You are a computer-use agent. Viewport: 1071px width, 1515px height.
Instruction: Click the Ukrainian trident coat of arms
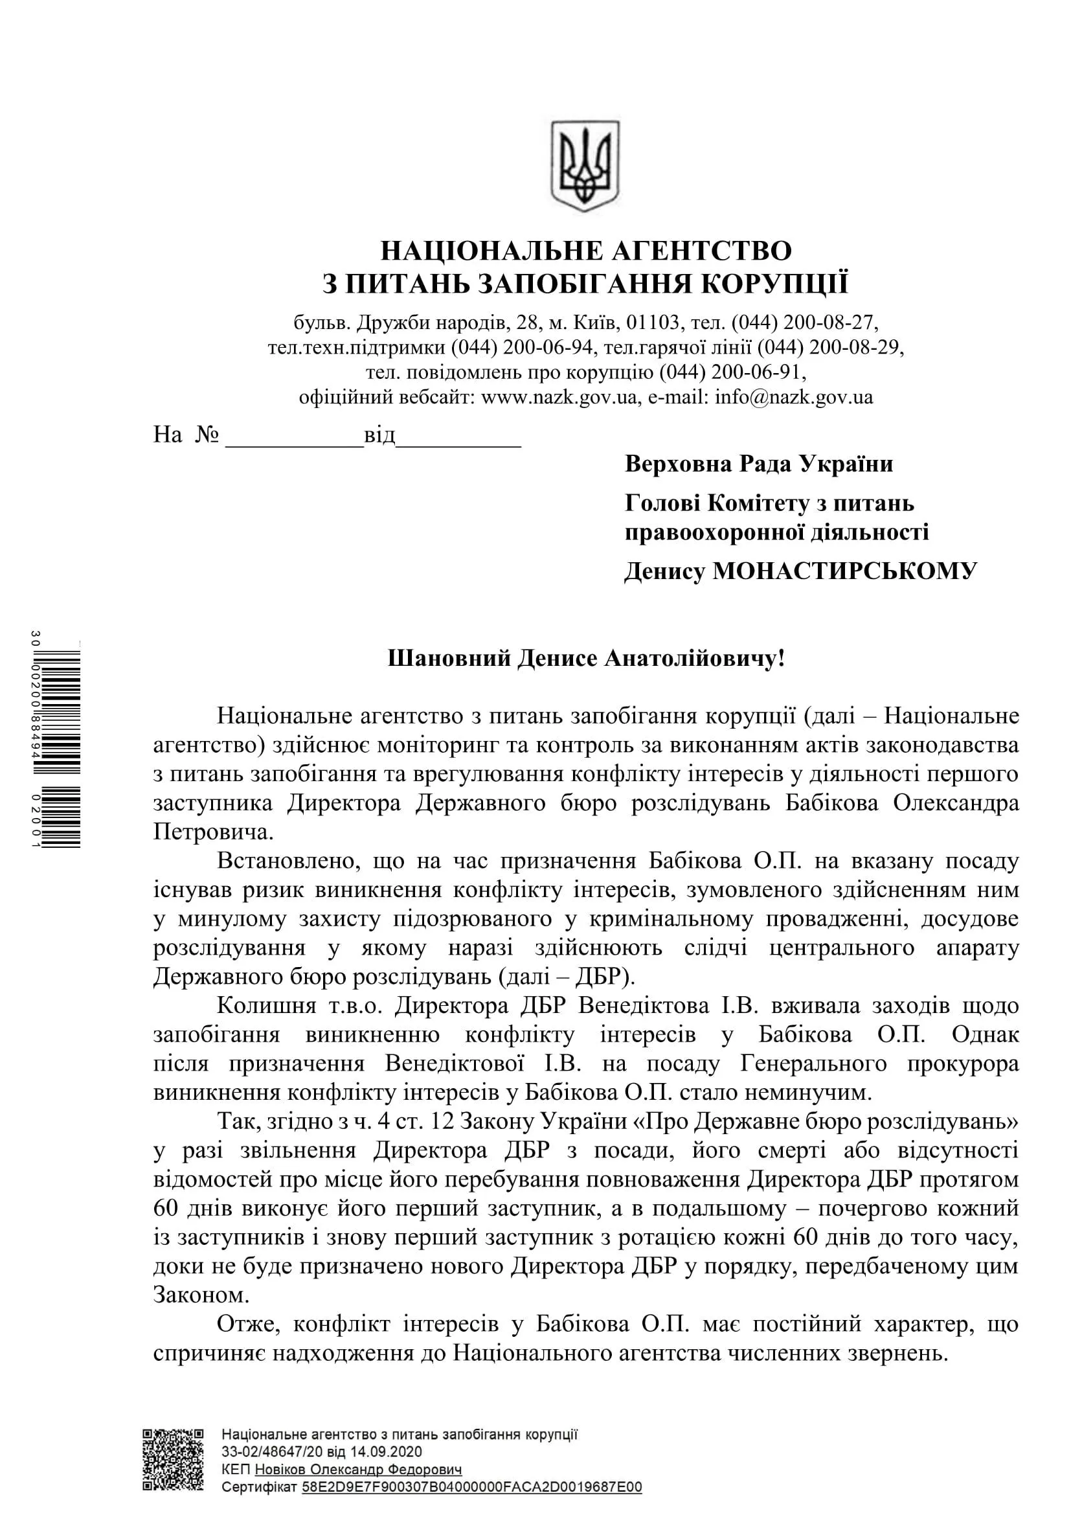pyautogui.click(x=585, y=166)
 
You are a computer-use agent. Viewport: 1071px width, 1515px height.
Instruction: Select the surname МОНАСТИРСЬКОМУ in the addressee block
pyautogui.click(x=845, y=571)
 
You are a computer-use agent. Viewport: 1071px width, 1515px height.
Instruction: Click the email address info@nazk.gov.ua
pyautogui.click(x=794, y=397)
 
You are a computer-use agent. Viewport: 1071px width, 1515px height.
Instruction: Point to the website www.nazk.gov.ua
pyautogui.click(x=559, y=397)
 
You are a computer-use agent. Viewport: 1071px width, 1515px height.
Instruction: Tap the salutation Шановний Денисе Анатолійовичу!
pyautogui.click(x=586, y=659)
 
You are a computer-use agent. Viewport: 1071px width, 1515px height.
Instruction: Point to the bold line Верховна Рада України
pyautogui.click(x=758, y=464)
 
